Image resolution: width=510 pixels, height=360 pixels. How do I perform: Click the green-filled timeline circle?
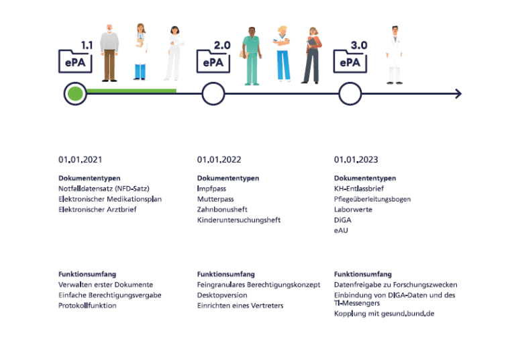76,94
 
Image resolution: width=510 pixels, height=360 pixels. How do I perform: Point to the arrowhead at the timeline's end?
458,94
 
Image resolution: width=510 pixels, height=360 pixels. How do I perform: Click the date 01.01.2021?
80,160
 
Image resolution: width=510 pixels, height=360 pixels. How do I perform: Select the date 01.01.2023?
356,160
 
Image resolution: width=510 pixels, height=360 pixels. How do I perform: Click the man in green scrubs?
252,56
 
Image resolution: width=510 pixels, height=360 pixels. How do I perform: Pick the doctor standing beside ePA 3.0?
394,55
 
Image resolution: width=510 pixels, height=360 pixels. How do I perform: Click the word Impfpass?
211,189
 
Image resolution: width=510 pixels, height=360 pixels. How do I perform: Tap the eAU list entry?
341,230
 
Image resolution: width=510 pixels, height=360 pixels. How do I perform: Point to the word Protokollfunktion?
87,306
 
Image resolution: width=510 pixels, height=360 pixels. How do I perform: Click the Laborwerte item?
353,210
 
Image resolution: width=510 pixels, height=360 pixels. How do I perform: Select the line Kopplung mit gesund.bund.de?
384,313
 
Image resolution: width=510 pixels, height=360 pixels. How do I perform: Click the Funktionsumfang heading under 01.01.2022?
225,274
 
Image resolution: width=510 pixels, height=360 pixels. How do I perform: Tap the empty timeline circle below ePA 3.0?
350,94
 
